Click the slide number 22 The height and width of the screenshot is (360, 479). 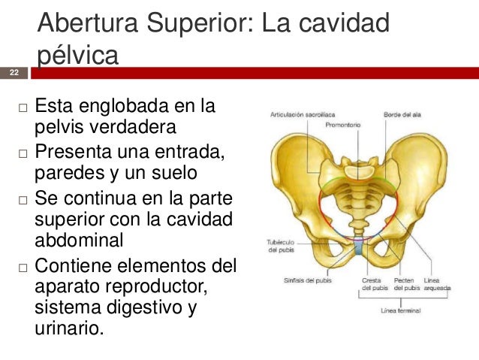click(x=14, y=72)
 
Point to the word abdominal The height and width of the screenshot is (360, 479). click(x=77, y=241)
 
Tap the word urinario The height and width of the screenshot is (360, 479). click(x=68, y=328)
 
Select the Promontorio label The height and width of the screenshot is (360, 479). click(x=344, y=125)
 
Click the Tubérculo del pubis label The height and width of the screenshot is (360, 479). click(x=279, y=246)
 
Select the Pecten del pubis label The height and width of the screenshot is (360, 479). click(x=406, y=284)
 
